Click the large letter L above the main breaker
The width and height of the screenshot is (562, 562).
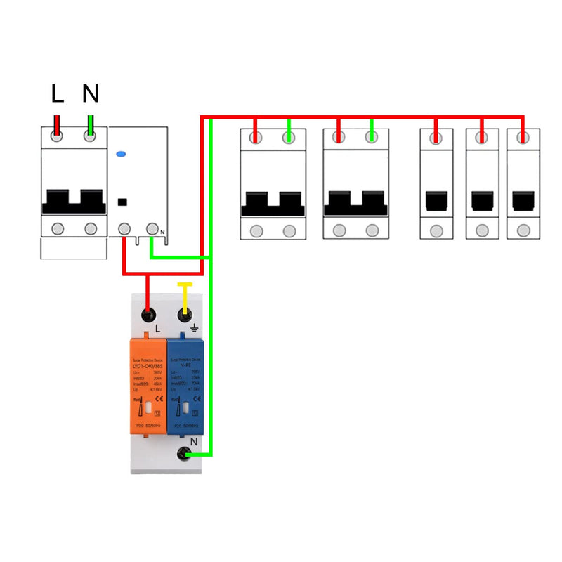(x=58, y=93)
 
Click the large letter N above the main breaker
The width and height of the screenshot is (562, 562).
(x=90, y=93)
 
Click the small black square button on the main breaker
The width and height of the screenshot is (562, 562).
(x=122, y=202)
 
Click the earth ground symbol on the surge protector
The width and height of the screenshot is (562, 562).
(x=195, y=327)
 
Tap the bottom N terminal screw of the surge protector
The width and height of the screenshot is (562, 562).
(x=185, y=455)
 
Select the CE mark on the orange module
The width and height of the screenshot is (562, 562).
(x=158, y=400)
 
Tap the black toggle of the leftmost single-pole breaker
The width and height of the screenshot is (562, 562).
(x=436, y=201)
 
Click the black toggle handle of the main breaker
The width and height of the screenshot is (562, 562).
(x=74, y=200)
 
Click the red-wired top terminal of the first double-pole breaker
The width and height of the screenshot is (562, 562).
(x=256, y=138)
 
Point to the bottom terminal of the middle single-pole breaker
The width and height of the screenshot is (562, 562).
(x=482, y=230)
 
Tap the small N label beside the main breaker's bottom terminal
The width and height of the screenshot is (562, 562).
(x=162, y=233)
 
